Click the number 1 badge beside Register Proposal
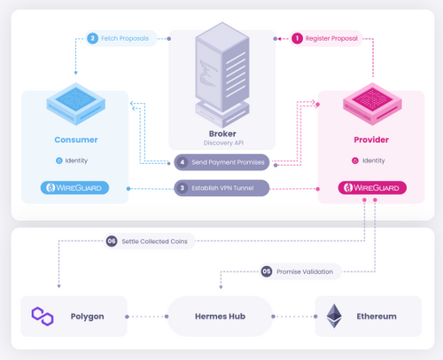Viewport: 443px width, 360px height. click(x=298, y=38)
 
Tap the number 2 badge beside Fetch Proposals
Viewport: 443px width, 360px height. click(x=92, y=38)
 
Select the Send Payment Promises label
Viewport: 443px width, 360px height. click(x=227, y=163)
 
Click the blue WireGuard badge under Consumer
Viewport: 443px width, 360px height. click(x=75, y=188)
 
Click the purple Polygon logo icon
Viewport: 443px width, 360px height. click(x=43, y=316)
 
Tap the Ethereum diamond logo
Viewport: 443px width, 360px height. click(x=334, y=316)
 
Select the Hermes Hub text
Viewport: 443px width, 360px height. click(x=219, y=317)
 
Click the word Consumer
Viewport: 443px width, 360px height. click(x=75, y=139)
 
